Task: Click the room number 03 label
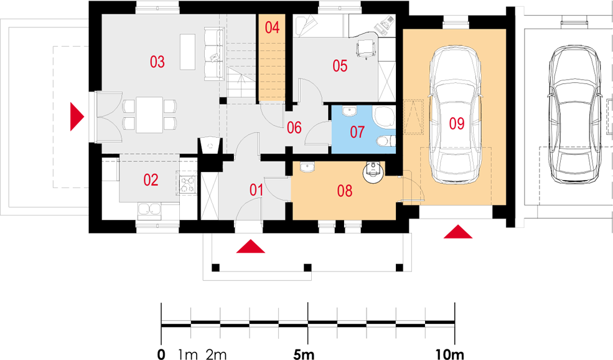pos(157,62)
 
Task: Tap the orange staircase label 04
pos(272,27)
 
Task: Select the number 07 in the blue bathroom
pos(357,132)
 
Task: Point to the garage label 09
pos(456,124)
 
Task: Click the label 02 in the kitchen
pos(151,180)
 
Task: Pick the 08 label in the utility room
pos(344,191)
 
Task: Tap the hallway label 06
pos(294,128)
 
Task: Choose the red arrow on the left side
pos(77,116)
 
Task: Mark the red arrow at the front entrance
pos(251,247)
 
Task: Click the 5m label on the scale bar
pos(304,354)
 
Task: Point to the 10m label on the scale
pos(449,354)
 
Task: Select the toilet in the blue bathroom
pos(385,141)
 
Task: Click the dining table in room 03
pos(149,115)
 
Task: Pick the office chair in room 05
pos(366,49)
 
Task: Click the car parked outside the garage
pos(574,115)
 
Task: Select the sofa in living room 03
pos(214,54)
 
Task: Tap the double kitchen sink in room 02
pos(149,209)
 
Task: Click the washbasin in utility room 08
pos(307,167)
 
